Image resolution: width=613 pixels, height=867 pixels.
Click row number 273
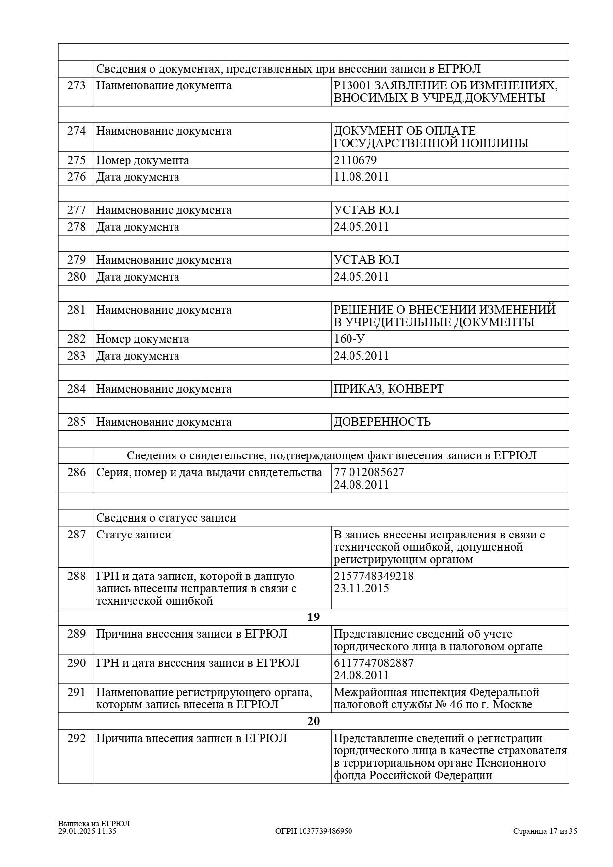(x=76, y=86)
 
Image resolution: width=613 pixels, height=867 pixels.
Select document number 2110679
(x=355, y=160)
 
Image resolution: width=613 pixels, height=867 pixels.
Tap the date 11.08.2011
(x=361, y=177)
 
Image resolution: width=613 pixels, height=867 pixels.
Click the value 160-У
(x=350, y=339)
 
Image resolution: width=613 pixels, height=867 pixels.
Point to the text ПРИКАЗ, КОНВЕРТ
(x=389, y=389)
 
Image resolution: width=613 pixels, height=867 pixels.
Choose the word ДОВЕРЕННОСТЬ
(x=382, y=422)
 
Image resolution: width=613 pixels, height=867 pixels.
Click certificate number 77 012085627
(x=369, y=472)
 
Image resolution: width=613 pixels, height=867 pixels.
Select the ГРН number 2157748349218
(x=374, y=576)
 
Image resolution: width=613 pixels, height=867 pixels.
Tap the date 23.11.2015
(x=361, y=588)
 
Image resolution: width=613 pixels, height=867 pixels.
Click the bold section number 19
(x=313, y=617)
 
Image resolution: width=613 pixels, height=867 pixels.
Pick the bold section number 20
(x=313, y=721)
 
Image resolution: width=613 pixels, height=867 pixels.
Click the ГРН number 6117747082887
(x=374, y=663)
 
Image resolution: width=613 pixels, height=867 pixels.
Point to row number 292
(x=76, y=738)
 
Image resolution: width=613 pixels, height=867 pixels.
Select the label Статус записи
(x=133, y=535)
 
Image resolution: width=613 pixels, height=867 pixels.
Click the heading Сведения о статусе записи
(x=166, y=518)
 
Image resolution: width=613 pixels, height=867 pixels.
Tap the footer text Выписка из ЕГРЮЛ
(x=94, y=824)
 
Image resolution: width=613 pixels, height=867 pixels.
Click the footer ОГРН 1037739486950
(x=313, y=831)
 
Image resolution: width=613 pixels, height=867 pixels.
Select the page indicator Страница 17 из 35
(x=545, y=831)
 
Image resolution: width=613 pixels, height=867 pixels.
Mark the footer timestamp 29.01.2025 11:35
(x=87, y=831)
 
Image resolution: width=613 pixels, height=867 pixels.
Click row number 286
(x=76, y=472)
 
